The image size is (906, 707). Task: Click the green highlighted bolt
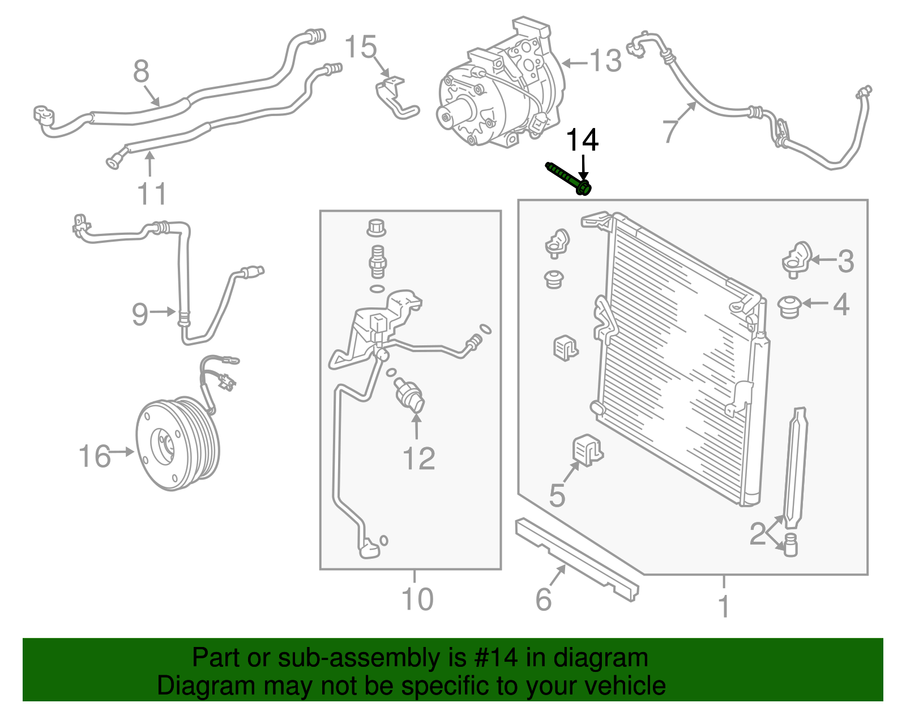[x=569, y=178]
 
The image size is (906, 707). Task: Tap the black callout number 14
[x=582, y=140]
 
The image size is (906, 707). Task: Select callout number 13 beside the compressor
[x=605, y=61]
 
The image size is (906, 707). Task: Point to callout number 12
[x=418, y=459]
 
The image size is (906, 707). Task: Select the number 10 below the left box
[x=417, y=599]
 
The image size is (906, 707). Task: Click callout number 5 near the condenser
[x=557, y=495]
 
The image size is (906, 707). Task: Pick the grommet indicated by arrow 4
[x=789, y=306]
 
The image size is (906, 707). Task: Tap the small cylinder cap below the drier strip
[x=790, y=545]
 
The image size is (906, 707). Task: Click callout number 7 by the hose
[x=670, y=131]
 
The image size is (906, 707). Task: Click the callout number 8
[x=141, y=71]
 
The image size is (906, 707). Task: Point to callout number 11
[x=152, y=194]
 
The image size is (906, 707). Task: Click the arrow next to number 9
[x=165, y=311]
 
